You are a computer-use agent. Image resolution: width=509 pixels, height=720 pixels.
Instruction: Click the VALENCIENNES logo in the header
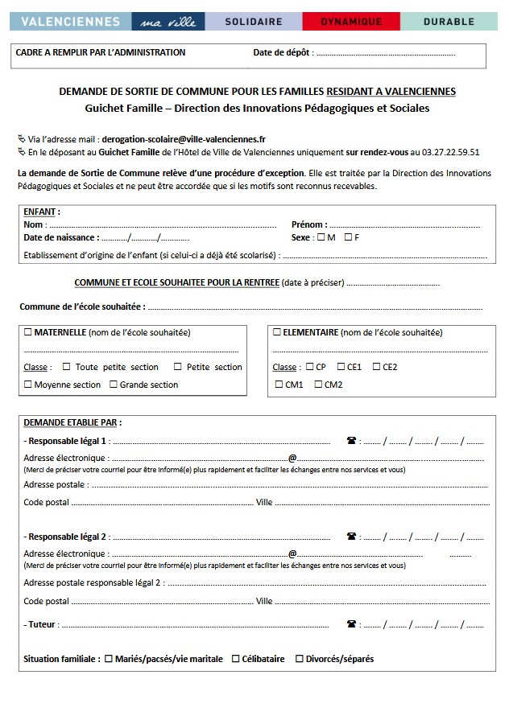(x=71, y=22)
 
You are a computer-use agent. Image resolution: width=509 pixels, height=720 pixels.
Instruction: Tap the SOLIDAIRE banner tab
(x=254, y=22)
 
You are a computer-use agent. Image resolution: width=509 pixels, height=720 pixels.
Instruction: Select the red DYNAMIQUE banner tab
(x=351, y=22)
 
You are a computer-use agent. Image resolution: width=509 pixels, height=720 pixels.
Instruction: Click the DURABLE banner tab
(x=449, y=22)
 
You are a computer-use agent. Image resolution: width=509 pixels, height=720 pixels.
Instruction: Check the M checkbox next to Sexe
(x=321, y=237)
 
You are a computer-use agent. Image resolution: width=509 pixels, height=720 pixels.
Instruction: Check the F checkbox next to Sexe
(x=348, y=237)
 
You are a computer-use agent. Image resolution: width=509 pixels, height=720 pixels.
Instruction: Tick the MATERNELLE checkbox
(x=29, y=331)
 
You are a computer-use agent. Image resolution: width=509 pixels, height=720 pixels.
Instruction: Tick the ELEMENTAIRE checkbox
(x=277, y=331)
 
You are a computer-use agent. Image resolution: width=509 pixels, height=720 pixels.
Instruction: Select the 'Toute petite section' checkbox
(x=67, y=367)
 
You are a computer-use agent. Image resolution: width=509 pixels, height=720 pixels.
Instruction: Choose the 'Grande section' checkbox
(x=114, y=385)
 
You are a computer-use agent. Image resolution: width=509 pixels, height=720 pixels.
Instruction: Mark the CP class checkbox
(x=309, y=367)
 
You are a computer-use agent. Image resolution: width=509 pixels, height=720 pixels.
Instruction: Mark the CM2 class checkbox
(x=317, y=385)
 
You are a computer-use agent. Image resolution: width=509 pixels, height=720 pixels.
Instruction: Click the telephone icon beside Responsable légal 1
(x=351, y=441)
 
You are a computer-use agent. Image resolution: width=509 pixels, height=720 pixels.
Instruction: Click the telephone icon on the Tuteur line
(x=351, y=623)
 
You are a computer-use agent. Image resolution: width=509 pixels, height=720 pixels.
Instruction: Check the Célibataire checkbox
(x=236, y=659)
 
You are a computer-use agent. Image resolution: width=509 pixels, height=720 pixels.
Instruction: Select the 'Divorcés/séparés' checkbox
(x=300, y=659)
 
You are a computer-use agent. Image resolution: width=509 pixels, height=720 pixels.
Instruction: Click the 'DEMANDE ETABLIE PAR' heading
(x=72, y=422)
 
